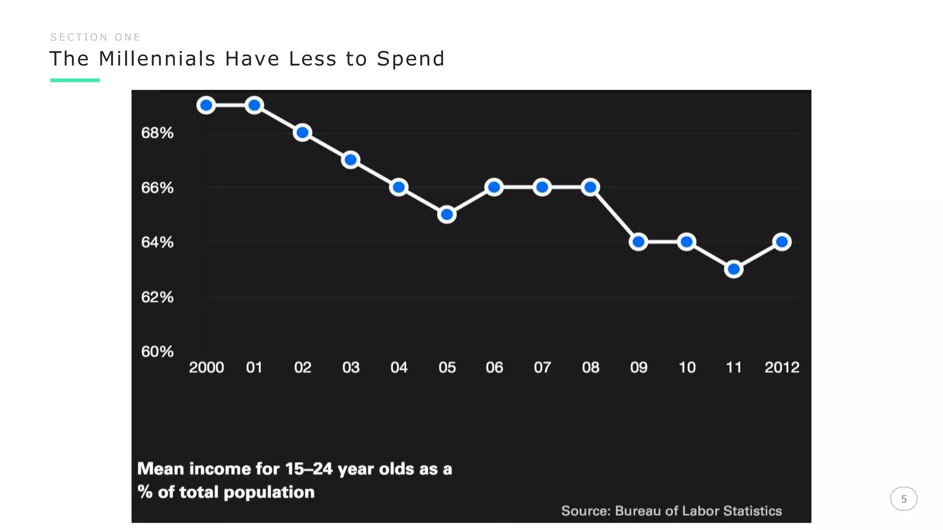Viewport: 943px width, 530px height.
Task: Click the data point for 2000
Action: pyautogui.click(x=206, y=105)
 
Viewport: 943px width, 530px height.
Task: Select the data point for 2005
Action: pyautogui.click(x=447, y=214)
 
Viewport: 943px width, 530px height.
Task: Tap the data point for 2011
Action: pyautogui.click(x=733, y=269)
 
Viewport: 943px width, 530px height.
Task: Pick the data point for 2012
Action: pyautogui.click(x=782, y=242)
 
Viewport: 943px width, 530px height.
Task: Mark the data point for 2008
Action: pyautogui.click(x=590, y=187)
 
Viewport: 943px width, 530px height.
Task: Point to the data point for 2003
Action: pyautogui.click(x=350, y=160)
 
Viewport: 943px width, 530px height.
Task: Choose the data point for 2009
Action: pyautogui.click(x=639, y=242)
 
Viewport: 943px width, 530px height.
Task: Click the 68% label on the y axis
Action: pyautogui.click(x=157, y=133)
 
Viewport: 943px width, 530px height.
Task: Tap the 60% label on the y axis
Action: pyautogui.click(x=157, y=351)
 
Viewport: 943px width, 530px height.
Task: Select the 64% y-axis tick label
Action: pyautogui.click(x=157, y=242)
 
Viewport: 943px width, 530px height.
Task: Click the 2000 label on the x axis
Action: pyautogui.click(x=206, y=367)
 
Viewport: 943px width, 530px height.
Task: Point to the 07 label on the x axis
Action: pyautogui.click(x=542, y=367)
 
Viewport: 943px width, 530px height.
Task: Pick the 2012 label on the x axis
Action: pyautogui.click(x=782, y=367)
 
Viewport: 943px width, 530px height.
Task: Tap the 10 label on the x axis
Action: pyautogui.click(x=687, y=367)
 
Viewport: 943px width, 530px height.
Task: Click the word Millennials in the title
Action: pyautogui.click(x=157, y=59)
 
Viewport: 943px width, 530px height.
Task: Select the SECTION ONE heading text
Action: pyautogui.click(x=95, y=37)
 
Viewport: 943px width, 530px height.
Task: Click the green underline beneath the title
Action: pyautogui.click(x=75, y=80)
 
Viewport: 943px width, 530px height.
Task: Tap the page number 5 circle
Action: pyautogui.click(x=903, y=499)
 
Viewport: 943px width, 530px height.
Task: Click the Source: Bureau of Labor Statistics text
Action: pyautogui.click(x=671, y=511)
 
